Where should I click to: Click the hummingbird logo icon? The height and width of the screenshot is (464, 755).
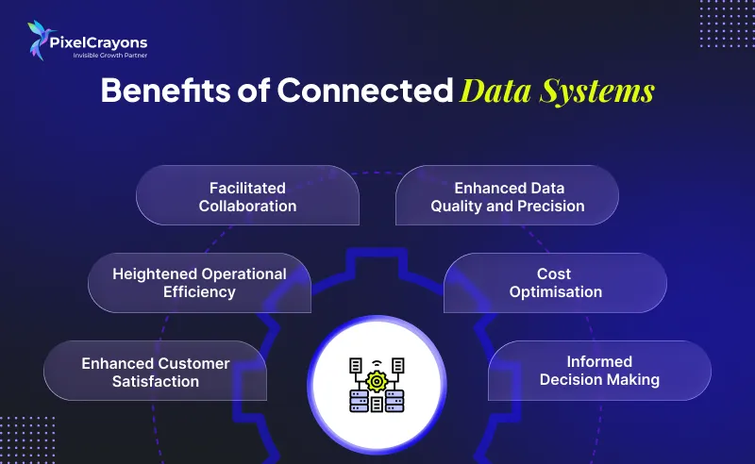pos(40,41)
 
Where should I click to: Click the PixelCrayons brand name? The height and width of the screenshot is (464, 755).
pos(98,43)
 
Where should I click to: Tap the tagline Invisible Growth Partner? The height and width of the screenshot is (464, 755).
pos(110,56)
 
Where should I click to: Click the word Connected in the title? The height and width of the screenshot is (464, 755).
pos(365,90)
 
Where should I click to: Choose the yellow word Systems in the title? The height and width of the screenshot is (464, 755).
pos(597,91)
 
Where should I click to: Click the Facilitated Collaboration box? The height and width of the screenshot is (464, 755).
pos(247,195)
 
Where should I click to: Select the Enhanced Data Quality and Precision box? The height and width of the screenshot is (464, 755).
pos(507,195)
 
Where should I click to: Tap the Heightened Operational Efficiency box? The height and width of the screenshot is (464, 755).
pos(199,283)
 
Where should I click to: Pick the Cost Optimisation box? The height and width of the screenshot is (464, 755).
pos(555,283)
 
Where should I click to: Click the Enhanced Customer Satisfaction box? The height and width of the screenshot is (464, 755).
pos(155,371)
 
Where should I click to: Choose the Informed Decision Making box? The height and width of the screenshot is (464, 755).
pos(599,371)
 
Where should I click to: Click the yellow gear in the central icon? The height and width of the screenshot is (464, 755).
pos(377,382)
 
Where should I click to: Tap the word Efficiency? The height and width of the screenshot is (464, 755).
pos(199,292)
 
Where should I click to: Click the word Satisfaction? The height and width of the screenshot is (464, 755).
pos(156,382)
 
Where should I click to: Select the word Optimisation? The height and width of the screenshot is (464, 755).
pos(556,292)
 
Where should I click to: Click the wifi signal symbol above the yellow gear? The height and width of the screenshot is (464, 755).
pos(377,363)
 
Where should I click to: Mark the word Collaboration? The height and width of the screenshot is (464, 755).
pos(247,206)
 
